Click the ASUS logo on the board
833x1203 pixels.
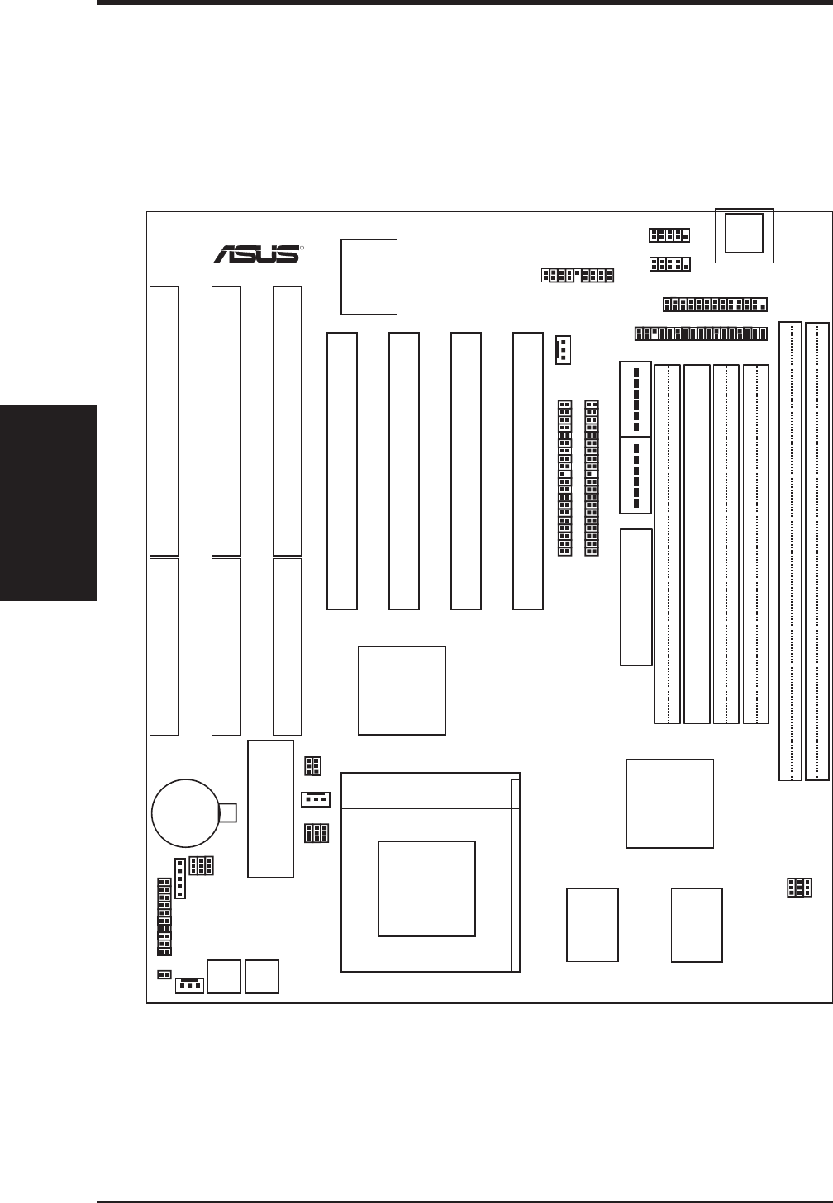coord(257,253)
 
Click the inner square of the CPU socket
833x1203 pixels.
coord(426,888)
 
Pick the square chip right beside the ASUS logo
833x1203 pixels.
coord(369,277)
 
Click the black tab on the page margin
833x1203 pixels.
coord(49,503)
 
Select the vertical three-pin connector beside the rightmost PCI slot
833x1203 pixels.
coord(563,350)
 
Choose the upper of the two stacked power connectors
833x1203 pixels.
coord(634,399)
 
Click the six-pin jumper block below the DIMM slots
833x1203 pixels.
coord(799,888)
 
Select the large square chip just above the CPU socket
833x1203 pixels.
coord(402,691)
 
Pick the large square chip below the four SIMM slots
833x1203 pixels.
coord(670,803)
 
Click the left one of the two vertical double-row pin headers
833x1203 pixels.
coord(565,478)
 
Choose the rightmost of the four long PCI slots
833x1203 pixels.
coord(527,471)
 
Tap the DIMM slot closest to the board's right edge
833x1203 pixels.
coord(816,551)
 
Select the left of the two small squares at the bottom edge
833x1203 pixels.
coord(224,976)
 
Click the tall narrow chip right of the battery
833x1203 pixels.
coord(270,808)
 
